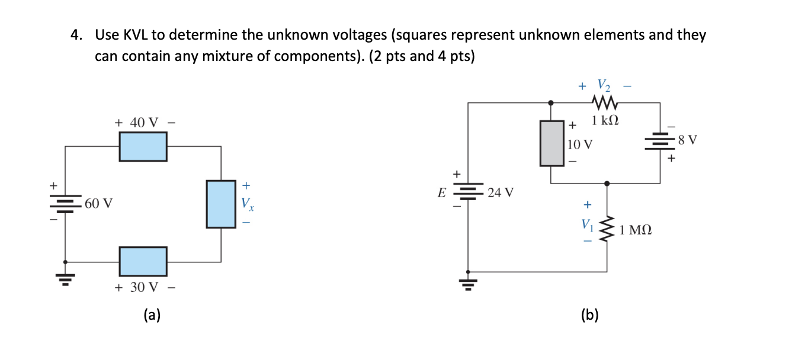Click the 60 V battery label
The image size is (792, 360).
click(x=98, y=204)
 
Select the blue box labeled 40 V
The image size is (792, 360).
click(x=143, y=146)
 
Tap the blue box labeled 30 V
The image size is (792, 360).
click(x=143, y=261)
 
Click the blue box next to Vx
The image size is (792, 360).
click(x=221, y=204)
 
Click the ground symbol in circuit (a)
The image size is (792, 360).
click(x=65, y=278)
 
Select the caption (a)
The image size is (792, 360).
click(x=152, y=315)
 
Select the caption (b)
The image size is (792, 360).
click(x=589, y=315)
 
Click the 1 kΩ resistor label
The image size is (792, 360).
click(x=605, y=121)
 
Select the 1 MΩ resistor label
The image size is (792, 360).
click(x=636, y=230)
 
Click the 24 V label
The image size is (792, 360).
click(x=501, y=192)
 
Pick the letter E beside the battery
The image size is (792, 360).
click(x=441, y=192)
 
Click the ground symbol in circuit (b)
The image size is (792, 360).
click(x=469, y=284)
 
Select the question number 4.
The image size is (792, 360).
click(x=75, y=35)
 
